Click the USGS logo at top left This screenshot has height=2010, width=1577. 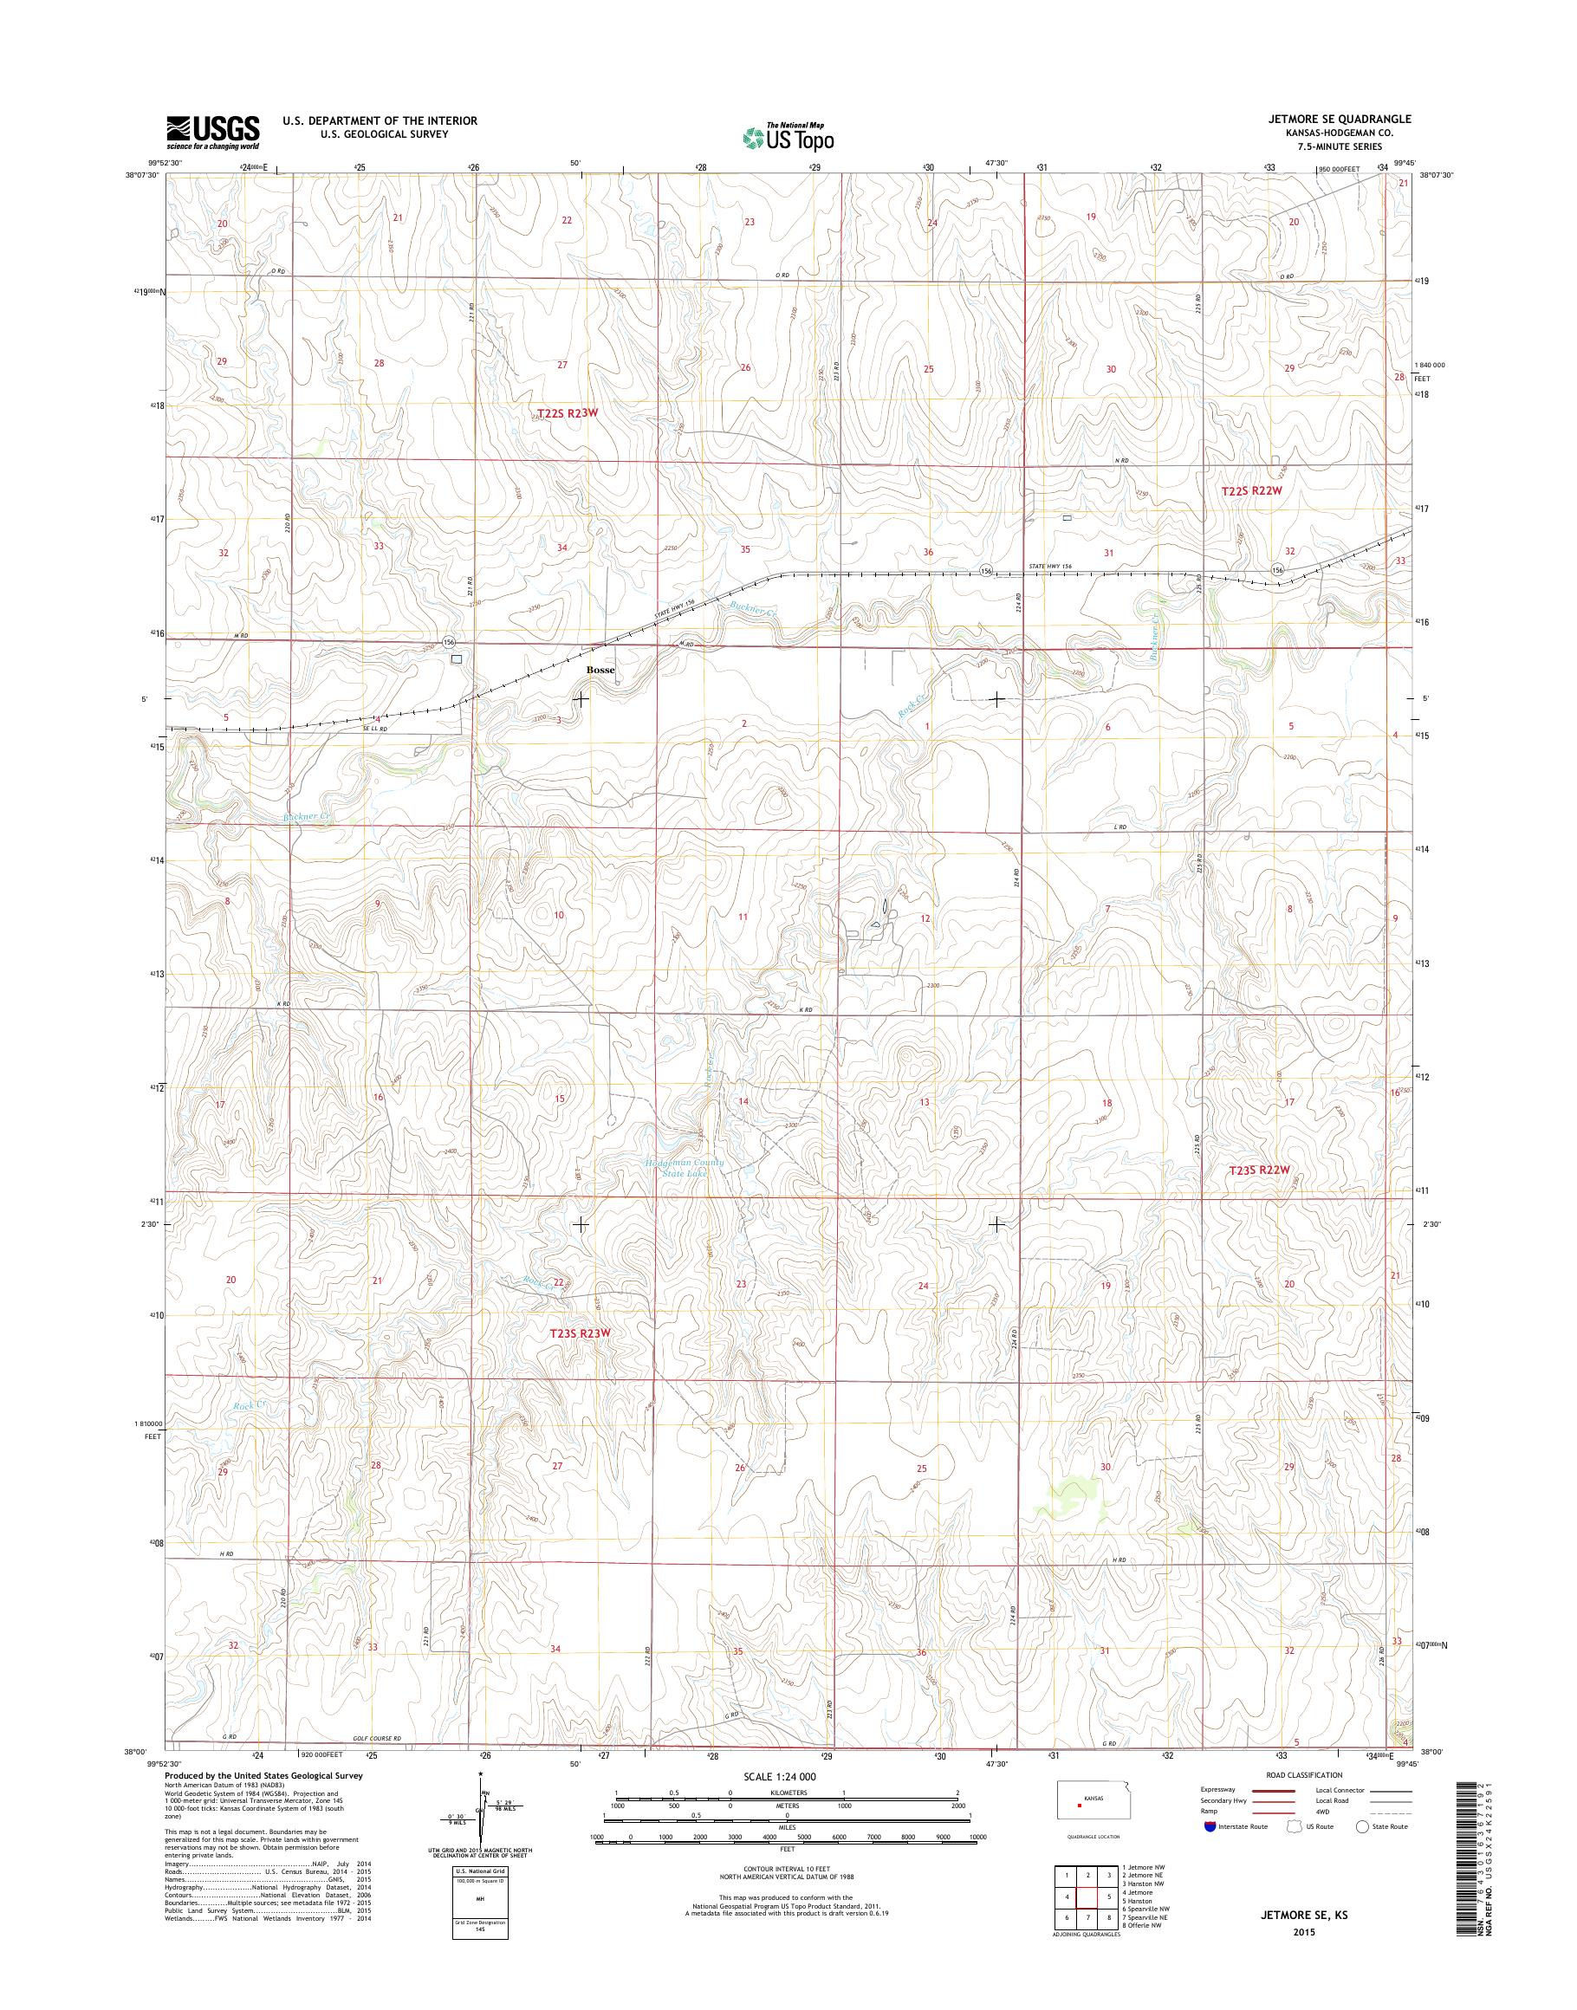[x=212, y=132]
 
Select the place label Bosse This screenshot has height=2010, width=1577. [x=600, y=671]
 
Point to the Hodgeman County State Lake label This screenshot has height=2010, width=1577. [x=685, y=1168]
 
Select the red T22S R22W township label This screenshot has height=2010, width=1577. [x=1253, y=492]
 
